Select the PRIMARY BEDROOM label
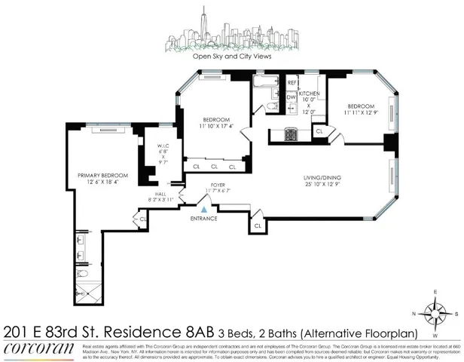pos(103,175)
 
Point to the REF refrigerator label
pos(292,83)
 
